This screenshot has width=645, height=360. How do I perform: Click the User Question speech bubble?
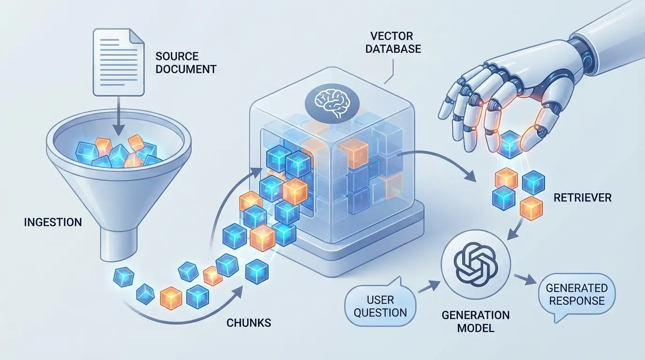(381, 306)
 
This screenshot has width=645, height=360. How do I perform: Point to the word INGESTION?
(52, 222)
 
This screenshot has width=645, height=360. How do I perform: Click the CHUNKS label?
(248, 322)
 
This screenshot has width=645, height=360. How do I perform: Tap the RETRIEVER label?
(582, 197)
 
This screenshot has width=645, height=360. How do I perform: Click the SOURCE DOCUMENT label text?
(185, 63)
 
